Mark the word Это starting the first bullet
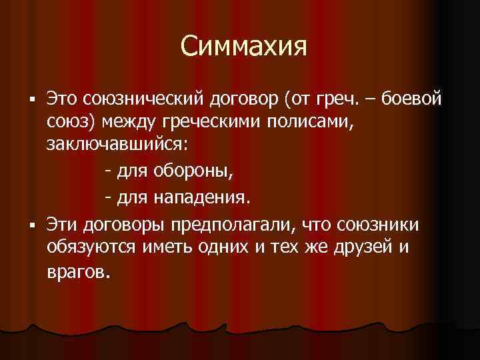62,100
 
